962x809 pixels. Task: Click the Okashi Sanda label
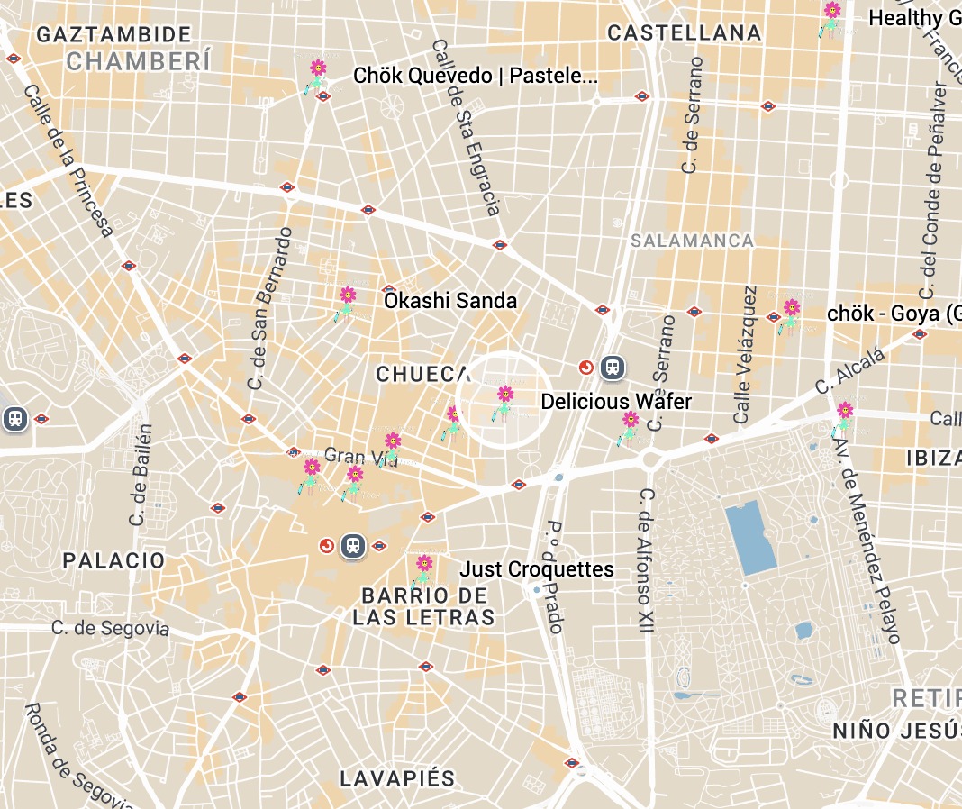pyautogui.click(x=450, y=300)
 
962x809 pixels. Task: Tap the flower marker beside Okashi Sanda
pyautogui.click(x=347, y=302)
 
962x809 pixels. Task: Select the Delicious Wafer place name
pyautogui.click(x=616, y=401)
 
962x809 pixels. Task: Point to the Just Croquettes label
pyautogui.click(x=537, y=569)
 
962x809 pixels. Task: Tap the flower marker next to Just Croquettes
pyautogui.click(x=423, y=570)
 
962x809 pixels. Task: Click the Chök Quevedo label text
pyautogui.click(x=475, y=76)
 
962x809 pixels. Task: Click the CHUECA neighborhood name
pyautogui.click(x=423, y=374)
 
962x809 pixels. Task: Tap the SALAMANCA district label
pyautogui.click(x=692, y=241)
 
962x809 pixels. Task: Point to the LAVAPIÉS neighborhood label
pyautogui.click(x=397, y=778)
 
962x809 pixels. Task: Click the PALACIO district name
pyautogui.click(x=114, y=560)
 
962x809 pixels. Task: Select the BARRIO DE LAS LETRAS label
pyautogui.click(x=423, y=606)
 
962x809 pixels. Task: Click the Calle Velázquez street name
pyautogui.click(x=746, y=355)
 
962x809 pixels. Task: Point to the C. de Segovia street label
pyautogui.click(x=110, y=627)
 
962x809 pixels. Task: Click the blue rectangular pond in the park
pyautogui.click(x=750, y=538)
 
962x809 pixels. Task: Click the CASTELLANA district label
pyautogui.click(x=684, y=33)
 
